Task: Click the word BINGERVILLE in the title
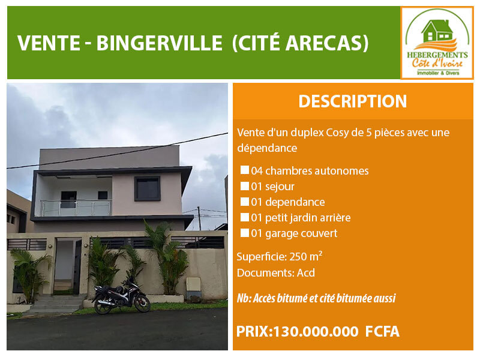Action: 159,43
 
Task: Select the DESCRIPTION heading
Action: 353,101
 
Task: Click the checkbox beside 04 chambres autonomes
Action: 245,170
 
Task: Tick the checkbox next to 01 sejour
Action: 245,186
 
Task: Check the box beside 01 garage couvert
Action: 245,233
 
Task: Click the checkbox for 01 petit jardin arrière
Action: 245,217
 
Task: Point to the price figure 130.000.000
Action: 316,332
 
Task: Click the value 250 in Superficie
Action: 298,257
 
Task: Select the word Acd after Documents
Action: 306,273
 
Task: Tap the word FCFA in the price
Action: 382,332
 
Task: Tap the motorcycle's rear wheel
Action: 103,306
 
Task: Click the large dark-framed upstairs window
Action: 147,188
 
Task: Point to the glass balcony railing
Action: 76,208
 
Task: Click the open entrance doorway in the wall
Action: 65,266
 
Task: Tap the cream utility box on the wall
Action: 193,284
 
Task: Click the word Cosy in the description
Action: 337,133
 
